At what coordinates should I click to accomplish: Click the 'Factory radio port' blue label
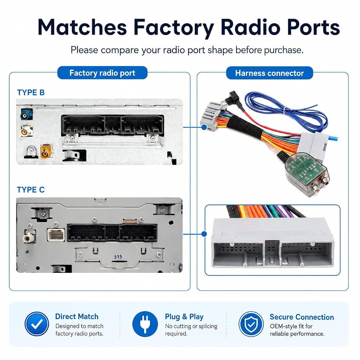[x=102, y=73]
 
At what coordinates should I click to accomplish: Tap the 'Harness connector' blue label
[x=270, y=73]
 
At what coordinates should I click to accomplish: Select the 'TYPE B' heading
[x=31, y=92]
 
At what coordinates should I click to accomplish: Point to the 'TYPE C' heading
[x=31, y=190]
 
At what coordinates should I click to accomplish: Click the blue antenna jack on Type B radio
[x=26, y=114]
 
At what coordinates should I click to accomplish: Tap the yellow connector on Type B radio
[x=46, y=151]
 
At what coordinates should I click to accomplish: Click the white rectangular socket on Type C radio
[x=56, y=235]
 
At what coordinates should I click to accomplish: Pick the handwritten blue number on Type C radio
[x=118, y=256]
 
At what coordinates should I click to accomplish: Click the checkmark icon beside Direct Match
[x=37, y=324]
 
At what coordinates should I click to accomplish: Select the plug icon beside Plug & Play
[x=145, y=324]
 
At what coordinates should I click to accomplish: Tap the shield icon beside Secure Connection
[x=251, y=324]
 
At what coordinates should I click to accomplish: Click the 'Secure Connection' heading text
[x=302, y=317]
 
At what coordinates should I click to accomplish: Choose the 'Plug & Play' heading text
[x=184, y=317]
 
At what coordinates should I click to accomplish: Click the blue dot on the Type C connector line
[x=204, y=234]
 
